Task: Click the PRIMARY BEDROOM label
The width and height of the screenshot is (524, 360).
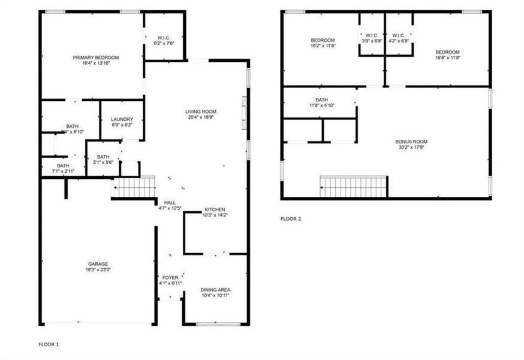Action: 96,58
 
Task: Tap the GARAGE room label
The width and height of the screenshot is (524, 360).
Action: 98,264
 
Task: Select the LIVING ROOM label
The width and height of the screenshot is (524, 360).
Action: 201,112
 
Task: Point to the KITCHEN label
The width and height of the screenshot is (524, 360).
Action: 215,209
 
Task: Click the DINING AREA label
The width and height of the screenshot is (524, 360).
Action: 215,290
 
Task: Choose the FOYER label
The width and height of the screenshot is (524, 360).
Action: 170,278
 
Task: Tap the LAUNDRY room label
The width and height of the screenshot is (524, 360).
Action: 122,119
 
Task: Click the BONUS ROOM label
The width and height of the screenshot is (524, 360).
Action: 411,142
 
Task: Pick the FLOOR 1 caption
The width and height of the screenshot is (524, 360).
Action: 49,344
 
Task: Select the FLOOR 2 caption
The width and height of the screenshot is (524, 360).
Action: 291,218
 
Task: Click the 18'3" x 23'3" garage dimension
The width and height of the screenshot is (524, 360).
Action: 98,270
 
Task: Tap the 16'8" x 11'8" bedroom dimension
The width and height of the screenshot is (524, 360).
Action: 448,58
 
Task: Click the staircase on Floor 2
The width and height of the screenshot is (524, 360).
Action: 353,187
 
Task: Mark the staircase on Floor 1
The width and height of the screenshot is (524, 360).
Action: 135,187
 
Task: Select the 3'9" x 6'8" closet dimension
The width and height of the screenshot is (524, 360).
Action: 372,41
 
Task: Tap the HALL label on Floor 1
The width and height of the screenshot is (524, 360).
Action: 170,203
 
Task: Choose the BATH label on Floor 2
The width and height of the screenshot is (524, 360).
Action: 322,100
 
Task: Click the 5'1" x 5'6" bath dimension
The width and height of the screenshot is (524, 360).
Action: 103,163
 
